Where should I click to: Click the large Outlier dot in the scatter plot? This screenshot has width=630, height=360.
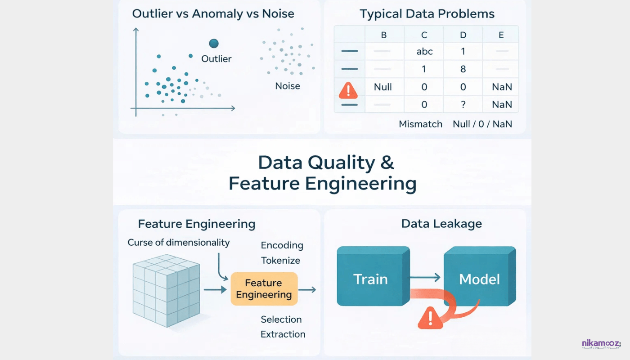coord(214,43)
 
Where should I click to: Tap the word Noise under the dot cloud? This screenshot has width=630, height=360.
coord(288,85)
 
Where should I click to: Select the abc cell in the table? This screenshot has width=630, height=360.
coord(424,51)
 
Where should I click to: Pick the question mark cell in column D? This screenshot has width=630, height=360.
coord(463,104)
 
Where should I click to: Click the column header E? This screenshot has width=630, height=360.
coord(501,34)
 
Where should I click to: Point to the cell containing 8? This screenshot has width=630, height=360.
coord(463,69)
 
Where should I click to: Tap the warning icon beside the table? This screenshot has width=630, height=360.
coord(347,90)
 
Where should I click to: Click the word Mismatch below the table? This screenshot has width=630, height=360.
coord(421,124)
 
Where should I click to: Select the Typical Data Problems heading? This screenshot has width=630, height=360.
coord(427,14)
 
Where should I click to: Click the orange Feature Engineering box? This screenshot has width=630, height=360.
coord(264,289)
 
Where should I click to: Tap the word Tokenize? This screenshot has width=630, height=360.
coord(280,260)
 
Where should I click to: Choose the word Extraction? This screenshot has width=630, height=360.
coord(283,334)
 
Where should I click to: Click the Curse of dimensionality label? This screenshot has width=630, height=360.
coord(179,243)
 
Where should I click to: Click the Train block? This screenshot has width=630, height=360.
coord(371,279)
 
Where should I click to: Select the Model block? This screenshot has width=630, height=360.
coord(479,279)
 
